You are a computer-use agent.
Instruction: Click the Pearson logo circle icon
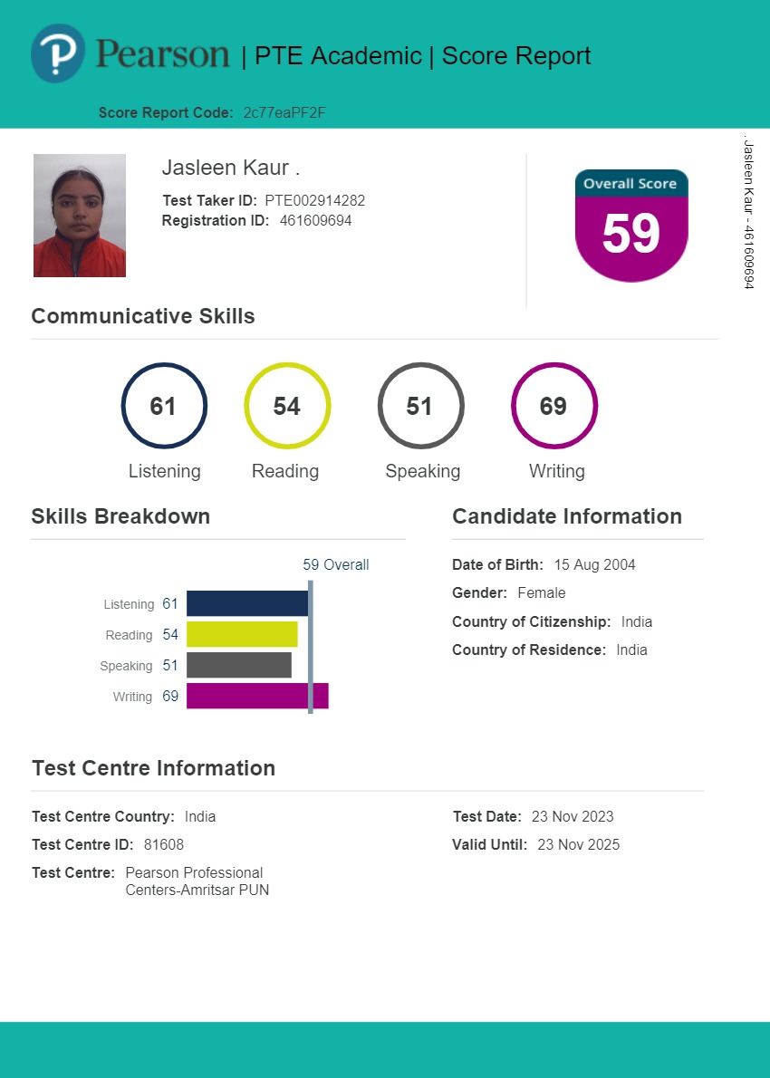point(58,53)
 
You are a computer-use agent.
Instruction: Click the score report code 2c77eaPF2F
point(284,113)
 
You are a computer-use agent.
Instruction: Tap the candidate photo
point(80,216)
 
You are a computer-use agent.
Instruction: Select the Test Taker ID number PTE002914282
point(314,201)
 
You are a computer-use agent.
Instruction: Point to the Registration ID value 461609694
point(315,220)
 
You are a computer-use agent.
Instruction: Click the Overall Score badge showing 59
point(631,226)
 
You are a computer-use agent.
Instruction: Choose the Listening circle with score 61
point(164,406)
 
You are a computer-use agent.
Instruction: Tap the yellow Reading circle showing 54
point(287,406)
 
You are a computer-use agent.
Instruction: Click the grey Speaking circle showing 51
point(420,406)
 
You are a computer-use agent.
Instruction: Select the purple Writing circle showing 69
point(553,406)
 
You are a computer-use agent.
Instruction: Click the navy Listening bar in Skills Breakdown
point(247,603)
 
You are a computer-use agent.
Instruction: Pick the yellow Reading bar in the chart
point(242,634)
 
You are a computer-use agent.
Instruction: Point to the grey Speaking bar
point(239,665)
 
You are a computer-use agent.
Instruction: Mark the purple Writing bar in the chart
point(257,696)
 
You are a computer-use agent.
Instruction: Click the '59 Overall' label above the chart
point(336,565)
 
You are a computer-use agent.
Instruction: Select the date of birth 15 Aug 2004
point(594,565)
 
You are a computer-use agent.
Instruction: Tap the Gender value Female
point(541,593)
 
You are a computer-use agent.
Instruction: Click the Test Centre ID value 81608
point(164,845)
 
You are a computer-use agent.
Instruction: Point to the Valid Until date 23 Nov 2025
point(578,845)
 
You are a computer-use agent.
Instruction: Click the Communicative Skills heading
point(143,316)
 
